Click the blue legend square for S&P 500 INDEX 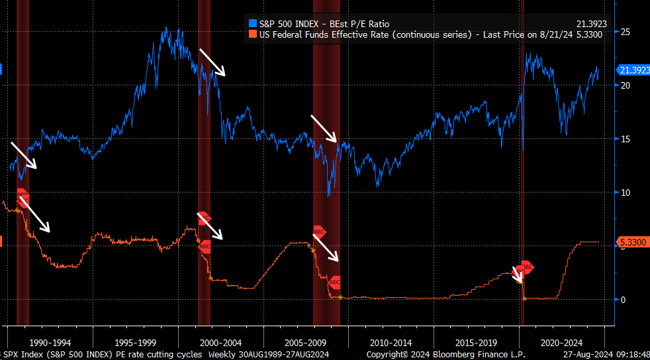coord(251,24)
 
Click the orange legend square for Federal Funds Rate coord(251,34)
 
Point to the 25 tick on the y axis coord(624,32)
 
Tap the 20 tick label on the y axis coord(624,85)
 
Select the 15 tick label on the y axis coord(624,139)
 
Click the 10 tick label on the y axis coord(624,193)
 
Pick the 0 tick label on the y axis coord(622,299)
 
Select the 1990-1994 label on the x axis coord(52,343)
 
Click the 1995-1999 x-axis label coord(136,343)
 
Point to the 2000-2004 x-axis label coord(220,343)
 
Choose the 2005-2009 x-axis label coord(304,343)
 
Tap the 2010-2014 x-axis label coord(390,343)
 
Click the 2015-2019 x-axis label coord(475,343)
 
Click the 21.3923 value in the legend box coord(591,24)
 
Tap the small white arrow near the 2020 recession coord(518,273)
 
